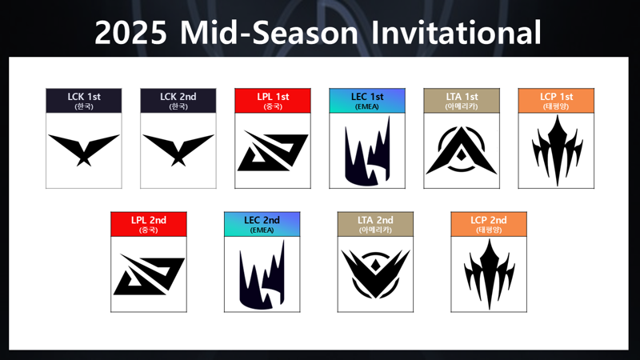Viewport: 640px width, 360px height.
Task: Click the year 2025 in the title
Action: point(130,33)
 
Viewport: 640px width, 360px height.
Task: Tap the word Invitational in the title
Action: point(456,32)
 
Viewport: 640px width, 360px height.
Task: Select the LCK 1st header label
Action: point(84,101)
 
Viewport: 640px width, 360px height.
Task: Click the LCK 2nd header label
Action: point(178,101)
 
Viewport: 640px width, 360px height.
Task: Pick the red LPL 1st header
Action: point(273,101)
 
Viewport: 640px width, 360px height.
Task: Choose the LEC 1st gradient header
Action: point(367,101)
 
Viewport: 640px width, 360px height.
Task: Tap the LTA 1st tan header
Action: point(462,101)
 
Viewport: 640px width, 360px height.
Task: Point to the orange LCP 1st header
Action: point(556,101)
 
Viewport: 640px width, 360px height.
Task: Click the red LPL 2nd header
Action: point(149,224)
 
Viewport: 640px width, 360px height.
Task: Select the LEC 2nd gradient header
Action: point(262,224)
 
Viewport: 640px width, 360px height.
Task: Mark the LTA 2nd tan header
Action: point(375,224)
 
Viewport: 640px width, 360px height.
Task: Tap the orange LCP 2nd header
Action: point(489,224)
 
